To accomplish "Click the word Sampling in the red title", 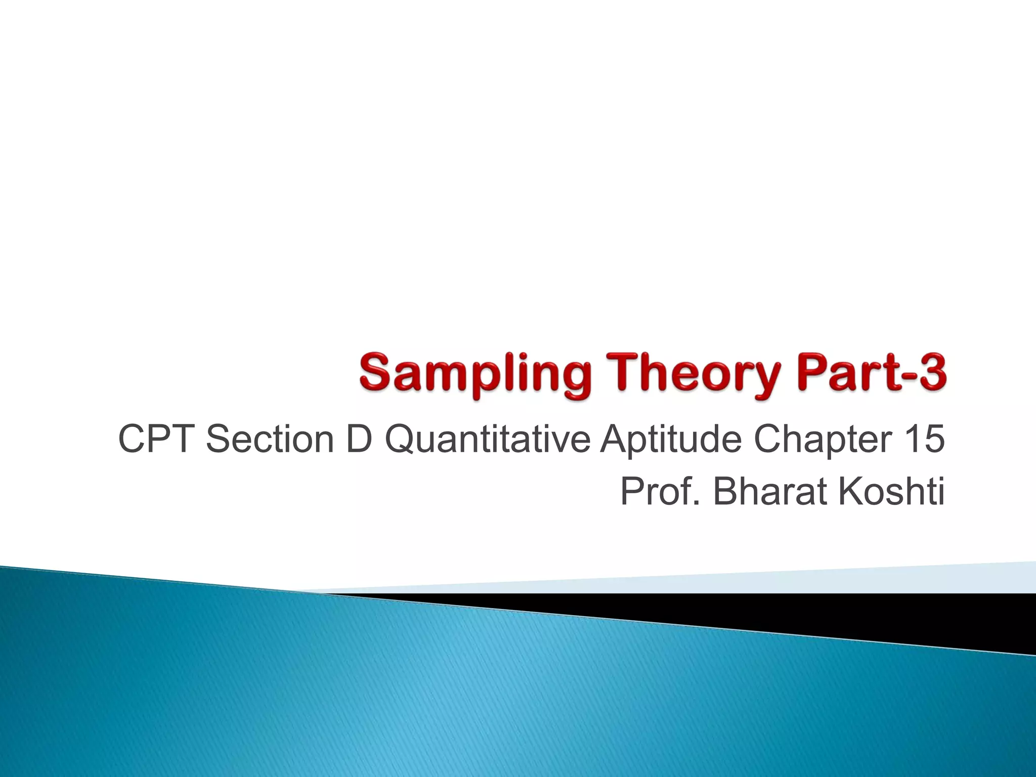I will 475,375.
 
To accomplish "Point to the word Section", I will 270,439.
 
